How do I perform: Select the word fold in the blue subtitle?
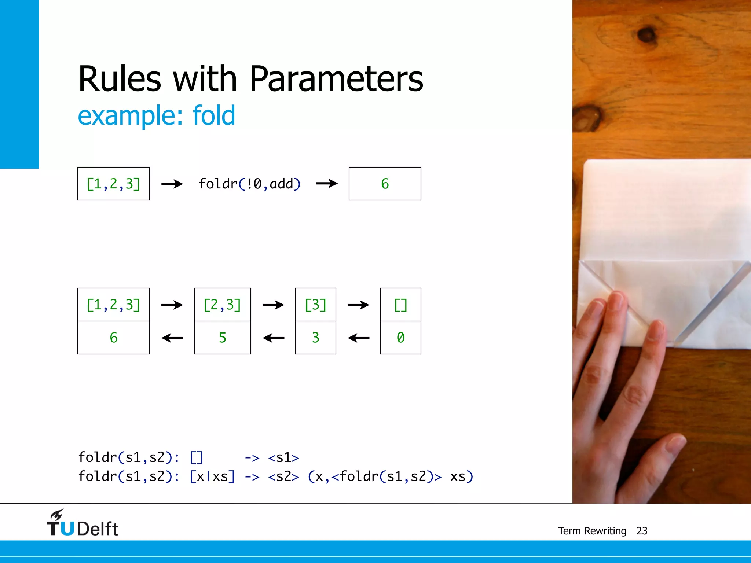213,115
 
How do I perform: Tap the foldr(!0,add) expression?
249,184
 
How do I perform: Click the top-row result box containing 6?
385,184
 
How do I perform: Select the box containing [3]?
315,305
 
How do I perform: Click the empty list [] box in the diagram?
400,305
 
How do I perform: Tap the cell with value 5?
222,338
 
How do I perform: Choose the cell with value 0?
400,338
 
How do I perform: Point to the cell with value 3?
315,338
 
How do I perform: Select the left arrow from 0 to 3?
358,338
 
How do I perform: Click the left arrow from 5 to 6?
172,338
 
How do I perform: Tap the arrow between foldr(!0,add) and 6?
326,183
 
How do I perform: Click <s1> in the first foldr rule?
283,458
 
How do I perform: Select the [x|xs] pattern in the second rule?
212,477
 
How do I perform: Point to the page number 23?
642,531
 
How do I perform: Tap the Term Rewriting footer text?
592,531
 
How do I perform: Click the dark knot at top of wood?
646,35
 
